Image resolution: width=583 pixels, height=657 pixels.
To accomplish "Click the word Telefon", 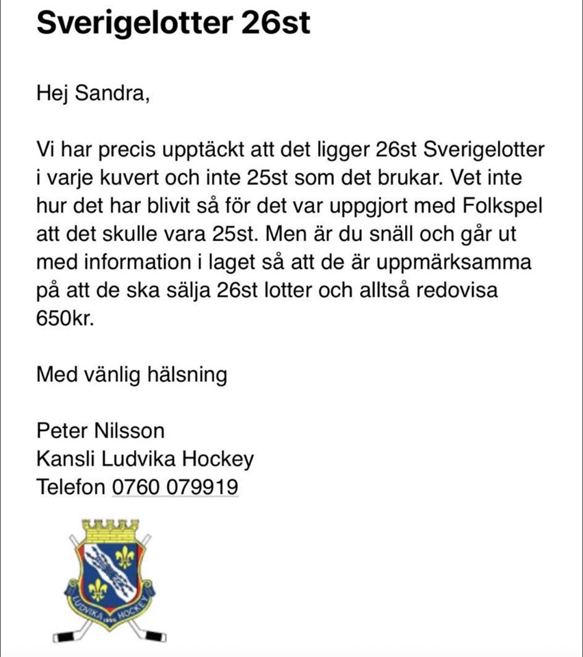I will coord(70,487).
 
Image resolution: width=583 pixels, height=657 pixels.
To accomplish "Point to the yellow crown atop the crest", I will coord(110,530).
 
